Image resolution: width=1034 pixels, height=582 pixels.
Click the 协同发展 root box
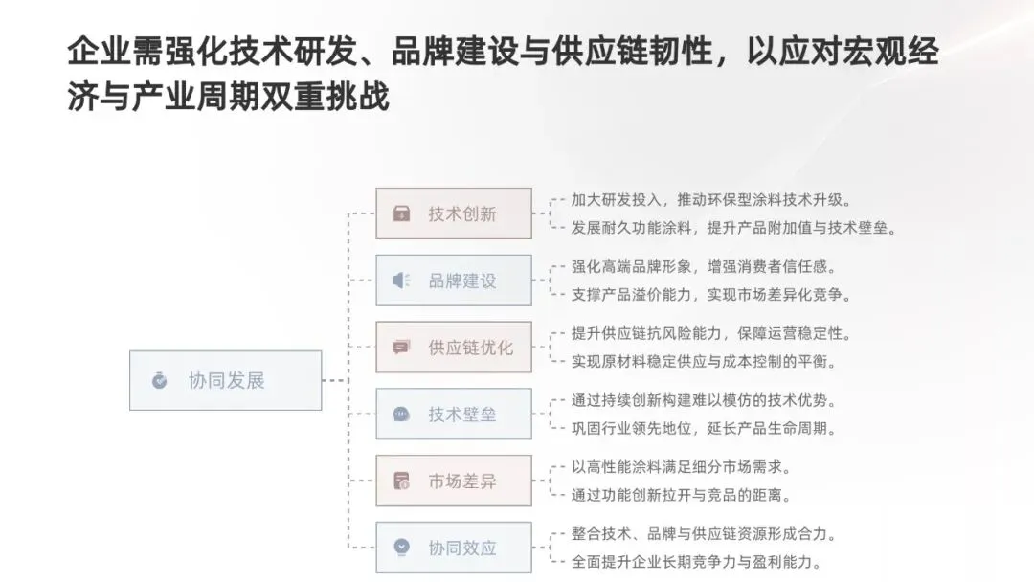click(225, 380)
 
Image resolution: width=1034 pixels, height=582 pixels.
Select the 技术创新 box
click(453, 213)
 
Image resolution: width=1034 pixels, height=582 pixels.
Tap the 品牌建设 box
click(453, 280)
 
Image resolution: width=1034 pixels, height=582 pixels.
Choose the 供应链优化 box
click(453, 347)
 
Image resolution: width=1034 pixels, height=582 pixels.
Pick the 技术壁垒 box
click(453, 414)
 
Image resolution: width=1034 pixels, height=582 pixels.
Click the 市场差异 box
click(453, 481)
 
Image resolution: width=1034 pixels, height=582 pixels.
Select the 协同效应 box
click(453, 548)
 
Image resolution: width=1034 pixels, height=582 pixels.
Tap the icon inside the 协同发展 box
click(159, 381)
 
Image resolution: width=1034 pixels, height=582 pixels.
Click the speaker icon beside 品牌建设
click(401, 280)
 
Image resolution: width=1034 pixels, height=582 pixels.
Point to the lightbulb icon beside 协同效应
click(401, 548)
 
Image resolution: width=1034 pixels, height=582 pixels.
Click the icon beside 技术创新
click(401, 213)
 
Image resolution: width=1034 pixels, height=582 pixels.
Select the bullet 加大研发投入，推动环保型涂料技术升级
click(711, 200)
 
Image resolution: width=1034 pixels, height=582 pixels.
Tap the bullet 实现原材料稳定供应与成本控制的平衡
click(705, 361)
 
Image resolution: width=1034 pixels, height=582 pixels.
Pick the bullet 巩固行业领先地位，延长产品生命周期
click(705, 428)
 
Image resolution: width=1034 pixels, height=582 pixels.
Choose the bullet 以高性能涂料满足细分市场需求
click(681, 468)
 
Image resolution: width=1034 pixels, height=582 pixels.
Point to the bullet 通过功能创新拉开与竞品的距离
click(681, 495)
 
